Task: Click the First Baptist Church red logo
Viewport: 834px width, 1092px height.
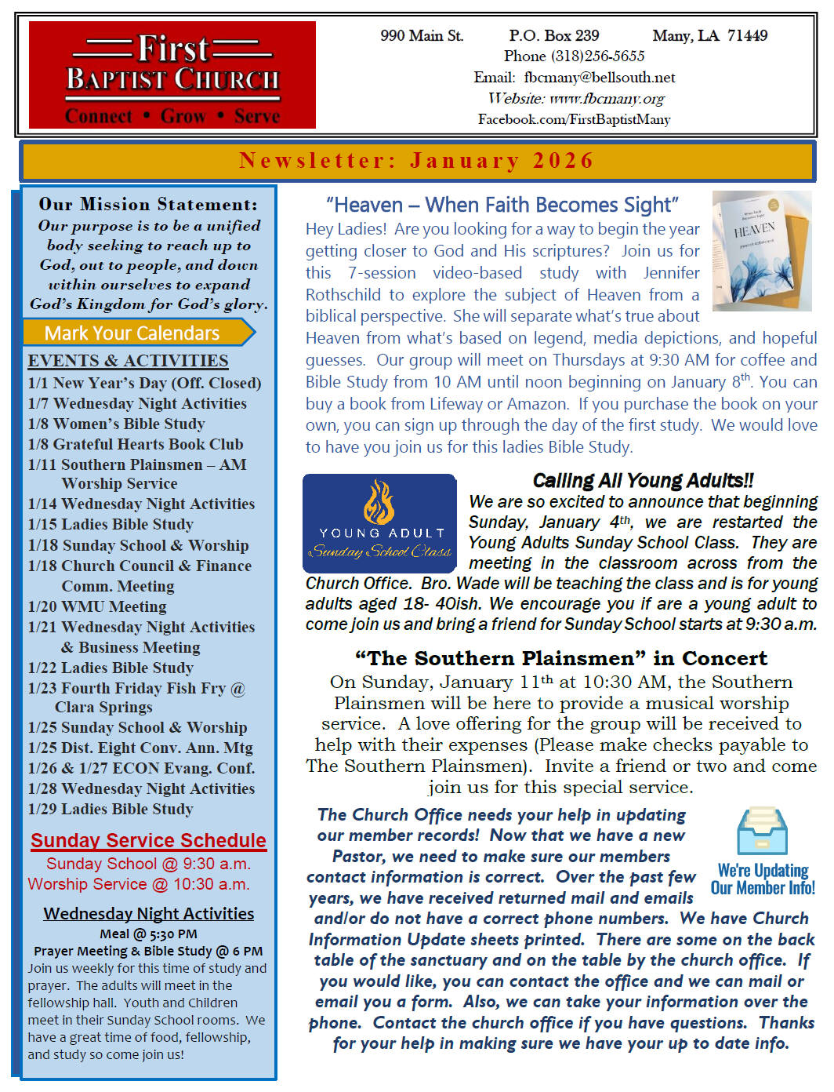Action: (x=172, y=75)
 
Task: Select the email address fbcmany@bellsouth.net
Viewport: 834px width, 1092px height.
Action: (x=599, y=78)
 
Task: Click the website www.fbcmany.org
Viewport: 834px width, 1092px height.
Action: (x=607, y=99)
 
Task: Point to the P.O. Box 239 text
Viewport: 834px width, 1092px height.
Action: (x=554, y=35)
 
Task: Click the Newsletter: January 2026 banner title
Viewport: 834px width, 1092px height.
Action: (x=416, y=161)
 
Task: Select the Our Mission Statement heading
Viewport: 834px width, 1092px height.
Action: (x=148, y=204)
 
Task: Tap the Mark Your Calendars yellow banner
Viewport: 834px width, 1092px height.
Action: (x=133, y=333)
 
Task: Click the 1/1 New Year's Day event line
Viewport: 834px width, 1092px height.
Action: (x=144, y=383)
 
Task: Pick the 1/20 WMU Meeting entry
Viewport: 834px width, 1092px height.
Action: (x=97, y=606)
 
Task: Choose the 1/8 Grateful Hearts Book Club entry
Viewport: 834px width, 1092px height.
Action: (x=136, y=444)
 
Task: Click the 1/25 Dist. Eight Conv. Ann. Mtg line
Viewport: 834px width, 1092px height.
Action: (x=140, y=748)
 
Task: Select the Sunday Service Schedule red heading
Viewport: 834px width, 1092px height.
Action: (x=149, y=840)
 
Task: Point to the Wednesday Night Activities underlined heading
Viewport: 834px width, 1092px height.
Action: (x=149, y=913)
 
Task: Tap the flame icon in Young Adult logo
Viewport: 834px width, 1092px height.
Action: (x=379, y=503)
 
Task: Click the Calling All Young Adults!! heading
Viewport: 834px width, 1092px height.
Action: (x=643, y=480)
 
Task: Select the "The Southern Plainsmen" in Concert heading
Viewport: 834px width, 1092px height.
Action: (x=561, y=658)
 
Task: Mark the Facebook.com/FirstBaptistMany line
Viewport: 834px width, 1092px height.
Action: (x=575, y=119)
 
